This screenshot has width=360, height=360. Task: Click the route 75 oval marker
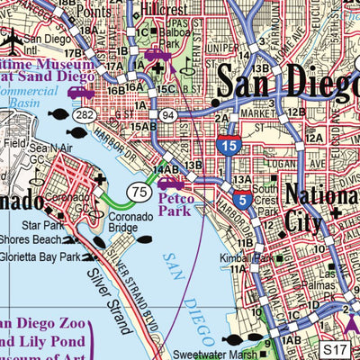[x=138, y=191]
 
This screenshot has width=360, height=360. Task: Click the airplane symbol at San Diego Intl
[x=13, y=40]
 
